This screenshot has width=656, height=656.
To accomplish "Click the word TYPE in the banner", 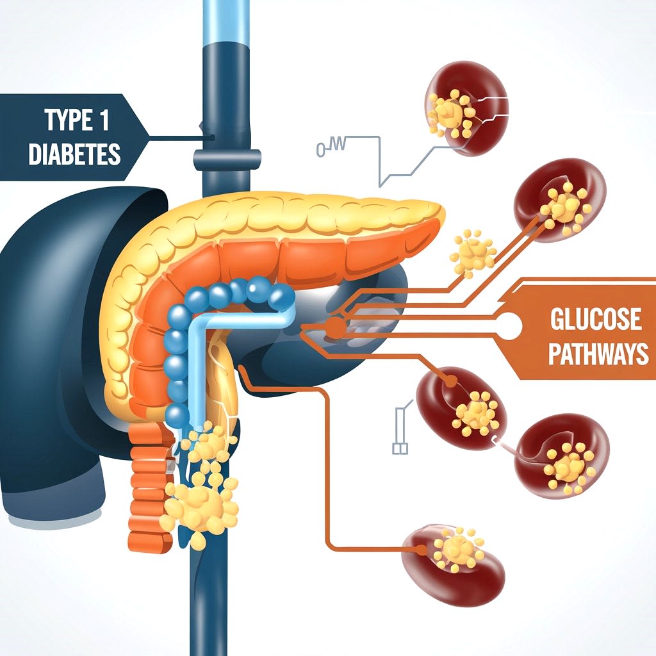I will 61,120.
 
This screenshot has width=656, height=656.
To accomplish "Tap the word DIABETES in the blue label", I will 74,154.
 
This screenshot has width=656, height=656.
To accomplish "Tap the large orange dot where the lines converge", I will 334,327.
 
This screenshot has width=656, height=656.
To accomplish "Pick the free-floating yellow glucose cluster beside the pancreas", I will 473,252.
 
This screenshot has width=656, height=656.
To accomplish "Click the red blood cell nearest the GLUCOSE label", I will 559,201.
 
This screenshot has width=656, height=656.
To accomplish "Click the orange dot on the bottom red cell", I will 420,549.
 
